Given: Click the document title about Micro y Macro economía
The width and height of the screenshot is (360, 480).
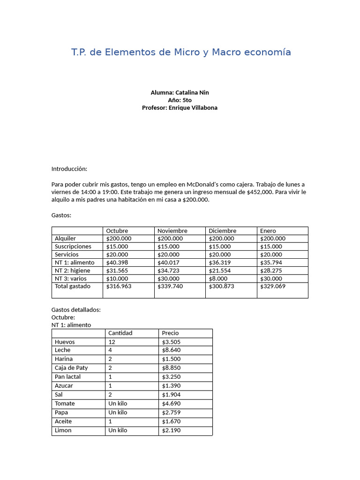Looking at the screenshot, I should (x=181, y=52).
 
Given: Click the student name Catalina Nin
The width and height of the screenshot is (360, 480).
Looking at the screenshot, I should (x=180, y=92).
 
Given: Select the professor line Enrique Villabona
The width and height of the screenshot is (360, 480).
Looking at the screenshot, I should (x=180, y=107).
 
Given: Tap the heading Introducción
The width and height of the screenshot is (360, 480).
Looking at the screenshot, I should (x=69, y=169).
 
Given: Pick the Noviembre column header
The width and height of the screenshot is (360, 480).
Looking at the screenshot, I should (x=172, y=231).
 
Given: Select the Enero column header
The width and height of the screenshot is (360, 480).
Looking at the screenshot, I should (x=268, y=231).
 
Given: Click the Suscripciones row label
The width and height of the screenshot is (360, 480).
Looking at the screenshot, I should (x=73, y=246).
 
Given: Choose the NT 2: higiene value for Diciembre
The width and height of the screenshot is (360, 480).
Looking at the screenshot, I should (x=220, y=270).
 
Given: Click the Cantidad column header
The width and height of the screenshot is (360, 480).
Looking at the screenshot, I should (x=120, y=333).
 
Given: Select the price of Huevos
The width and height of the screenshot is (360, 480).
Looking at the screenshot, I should (x=171, y=342).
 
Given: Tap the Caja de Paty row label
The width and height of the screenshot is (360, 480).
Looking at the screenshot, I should (x=71, y=367).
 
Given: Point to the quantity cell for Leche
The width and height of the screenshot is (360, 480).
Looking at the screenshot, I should (x=110, y=350).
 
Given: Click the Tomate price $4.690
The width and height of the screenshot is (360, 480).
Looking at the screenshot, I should (x=171, y=403).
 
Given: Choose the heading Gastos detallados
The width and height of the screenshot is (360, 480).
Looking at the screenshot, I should (x=76, y=309).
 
